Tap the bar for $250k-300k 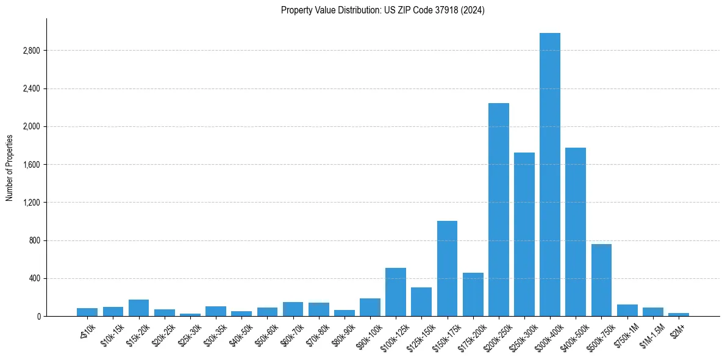[524, 234]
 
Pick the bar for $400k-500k [576, 232]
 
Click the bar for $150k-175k [448, 268]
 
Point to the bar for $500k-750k [601, 280]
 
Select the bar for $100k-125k [396, 292]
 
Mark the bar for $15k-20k [138, 308]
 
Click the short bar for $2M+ [679, 314]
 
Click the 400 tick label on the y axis [34, 278]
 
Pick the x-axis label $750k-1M [626, 333]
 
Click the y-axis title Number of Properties [10, 167]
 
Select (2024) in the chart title [473, 10]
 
